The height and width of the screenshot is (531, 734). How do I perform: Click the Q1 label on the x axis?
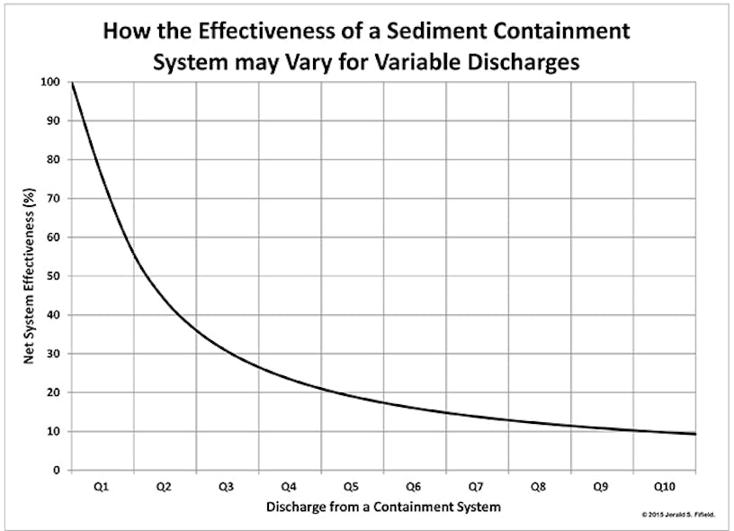102,486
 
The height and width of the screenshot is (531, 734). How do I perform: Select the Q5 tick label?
351,486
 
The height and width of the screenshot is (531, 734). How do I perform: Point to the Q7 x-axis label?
476,486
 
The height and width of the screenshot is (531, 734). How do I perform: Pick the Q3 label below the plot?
226,486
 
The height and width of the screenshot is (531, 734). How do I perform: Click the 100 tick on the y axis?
51,82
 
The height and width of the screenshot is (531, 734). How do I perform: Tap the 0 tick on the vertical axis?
57,470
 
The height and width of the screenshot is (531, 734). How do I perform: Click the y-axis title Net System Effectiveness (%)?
29,275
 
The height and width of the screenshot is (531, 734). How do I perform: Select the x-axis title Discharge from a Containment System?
383,507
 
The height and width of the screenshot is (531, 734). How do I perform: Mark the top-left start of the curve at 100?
72,83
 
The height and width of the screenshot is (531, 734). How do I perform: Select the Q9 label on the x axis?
601,486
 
